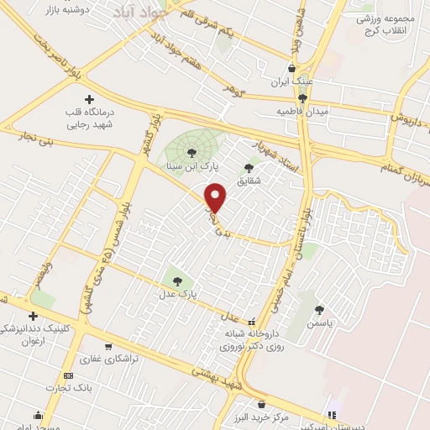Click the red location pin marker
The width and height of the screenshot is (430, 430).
(x=216, y=198)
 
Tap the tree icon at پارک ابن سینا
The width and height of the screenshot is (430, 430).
(x=192, y=152)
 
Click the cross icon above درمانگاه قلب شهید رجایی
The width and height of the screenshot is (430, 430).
(x=90, y=99)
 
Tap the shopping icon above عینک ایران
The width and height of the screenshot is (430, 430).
(x=291, y=69)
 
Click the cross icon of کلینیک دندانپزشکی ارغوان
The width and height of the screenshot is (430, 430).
(x=33, y=317)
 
